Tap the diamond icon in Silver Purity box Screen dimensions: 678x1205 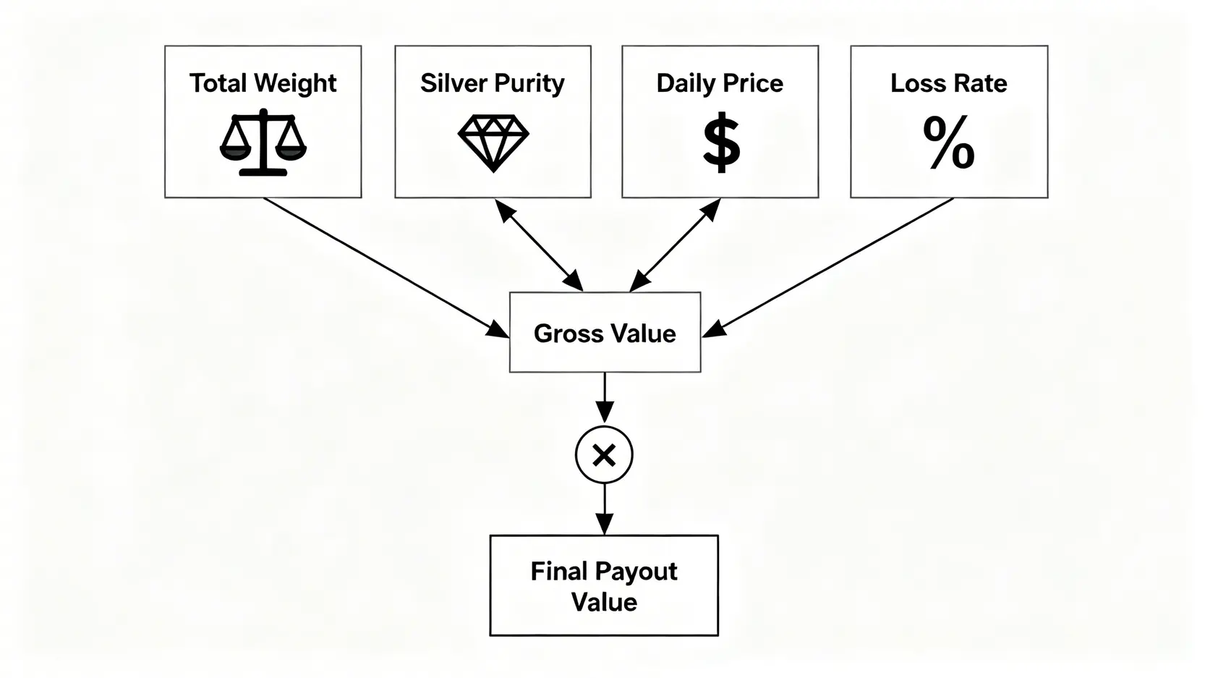pos(493,142)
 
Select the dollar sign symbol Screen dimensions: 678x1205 pos(721,145)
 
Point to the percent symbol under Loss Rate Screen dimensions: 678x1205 pos(949,143)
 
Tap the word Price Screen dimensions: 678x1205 pos(752,83)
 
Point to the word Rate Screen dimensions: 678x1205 pos(980,83)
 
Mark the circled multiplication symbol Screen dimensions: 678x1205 pos(604,455)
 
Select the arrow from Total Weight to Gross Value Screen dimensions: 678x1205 pos(386,267)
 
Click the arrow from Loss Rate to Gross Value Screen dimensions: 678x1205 pos(829,267)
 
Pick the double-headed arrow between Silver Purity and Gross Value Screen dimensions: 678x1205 pos(539,245)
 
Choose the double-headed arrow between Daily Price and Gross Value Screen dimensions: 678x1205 pos(675,245)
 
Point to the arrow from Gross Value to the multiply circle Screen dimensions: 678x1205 pos(604,397)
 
